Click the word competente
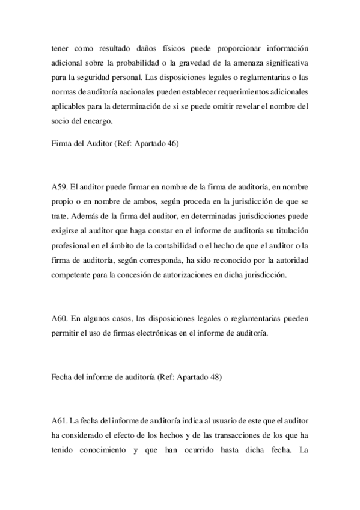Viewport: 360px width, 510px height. click(72, 275)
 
